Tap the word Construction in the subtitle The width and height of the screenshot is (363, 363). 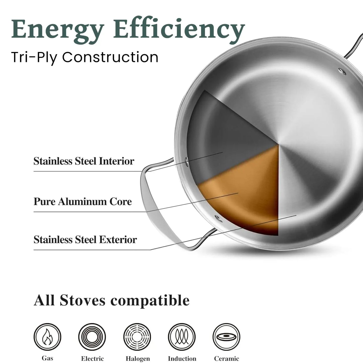click(x=110, y=57)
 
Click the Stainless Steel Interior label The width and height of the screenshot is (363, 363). click(x=84, y=161)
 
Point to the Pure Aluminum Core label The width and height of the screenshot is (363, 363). click(x=83, y=202)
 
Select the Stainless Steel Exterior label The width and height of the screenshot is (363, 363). click(x=85, y=240)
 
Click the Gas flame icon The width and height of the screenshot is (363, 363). click(x=47, y=337)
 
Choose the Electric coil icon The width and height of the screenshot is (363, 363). click(x=92, y=337)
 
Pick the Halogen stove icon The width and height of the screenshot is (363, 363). click(x=137, y=337)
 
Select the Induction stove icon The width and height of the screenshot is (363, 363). click(x=182, y=337)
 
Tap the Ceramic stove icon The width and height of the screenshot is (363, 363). click(x=226, y=337)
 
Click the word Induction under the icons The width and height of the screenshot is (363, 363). click(x=182, y=359)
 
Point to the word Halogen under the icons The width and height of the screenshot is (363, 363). click(x=138, y=359)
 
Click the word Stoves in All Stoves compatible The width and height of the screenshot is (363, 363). click(x=83, y=300)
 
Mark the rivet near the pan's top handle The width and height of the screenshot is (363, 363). click(x=341, y=71)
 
